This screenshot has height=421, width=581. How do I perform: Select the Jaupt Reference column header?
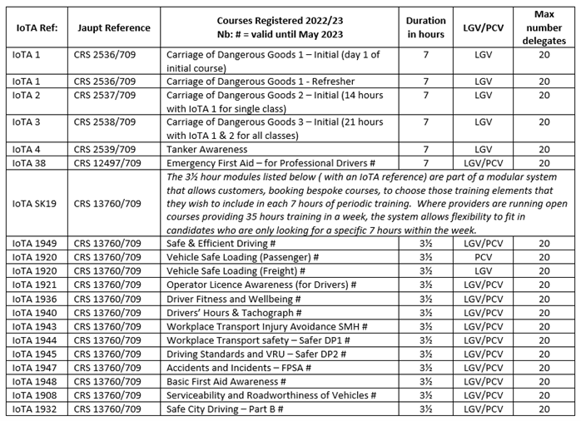pyautogui.click(x=112, y=28)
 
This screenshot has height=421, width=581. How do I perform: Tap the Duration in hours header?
pyautogui.click(x=425, y=27)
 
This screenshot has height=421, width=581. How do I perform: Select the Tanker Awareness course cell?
pyautogui.click(x=207, y=149)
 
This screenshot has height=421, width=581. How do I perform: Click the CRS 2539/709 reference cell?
pyautogui.click(x=104, y=149)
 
